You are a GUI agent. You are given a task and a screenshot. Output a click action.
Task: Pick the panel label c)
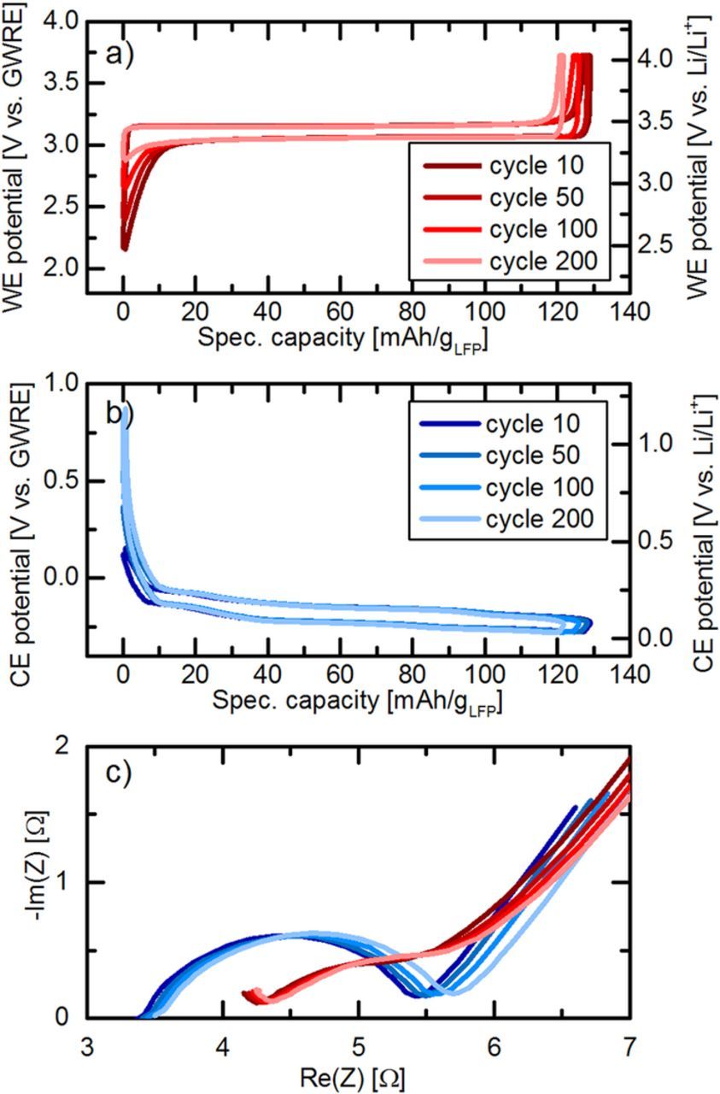[x=119, y=772]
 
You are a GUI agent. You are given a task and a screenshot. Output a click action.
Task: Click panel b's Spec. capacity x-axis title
[x=349, y=702]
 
